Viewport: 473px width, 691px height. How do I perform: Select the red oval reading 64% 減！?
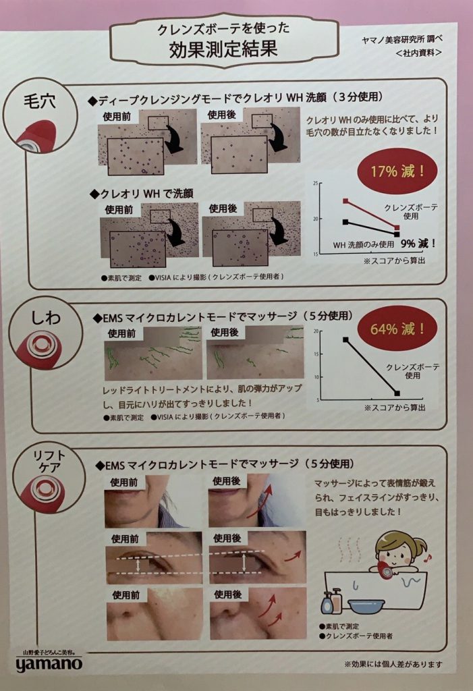pyautogui.click(x=398, y=330)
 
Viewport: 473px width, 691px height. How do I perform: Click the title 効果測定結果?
pyautogui.click(x=223, y=50)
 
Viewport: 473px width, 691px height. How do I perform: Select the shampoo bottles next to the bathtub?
pyautogui.click(x=331, y=601)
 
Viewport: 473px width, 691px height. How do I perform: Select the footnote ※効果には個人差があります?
pyautogui.click(x=393, y=664)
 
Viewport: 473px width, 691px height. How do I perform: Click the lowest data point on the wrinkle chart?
pyautogui.click(x=397, y=393)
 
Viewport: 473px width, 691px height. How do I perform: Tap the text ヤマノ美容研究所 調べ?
pyautogui.click(x=401, y=38)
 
